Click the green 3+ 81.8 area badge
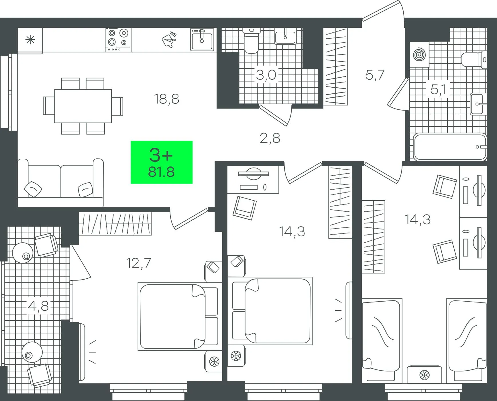click(x=162, y=162)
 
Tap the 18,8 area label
click(x=166, y=99)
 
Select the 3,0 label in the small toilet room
click(x=266, y=75)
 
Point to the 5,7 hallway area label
click(x=375, y=75)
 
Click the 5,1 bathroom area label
click(x=438, y=90)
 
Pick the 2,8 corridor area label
click(x=270, y=138)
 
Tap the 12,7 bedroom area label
click(x=139, y=263)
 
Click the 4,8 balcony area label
click(x=38, y=306)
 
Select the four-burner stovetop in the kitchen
click(x=118, y=40)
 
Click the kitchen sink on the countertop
click(x=202, y=40)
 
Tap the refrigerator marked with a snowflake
click(x=30, y=40)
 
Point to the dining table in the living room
click(x=83, y=106)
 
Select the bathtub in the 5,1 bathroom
click(x=450, y=147)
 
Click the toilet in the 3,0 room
click(x=251, y=41)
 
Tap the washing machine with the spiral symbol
click(x=419, y=54)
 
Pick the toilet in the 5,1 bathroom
click(x=474, y=60)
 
